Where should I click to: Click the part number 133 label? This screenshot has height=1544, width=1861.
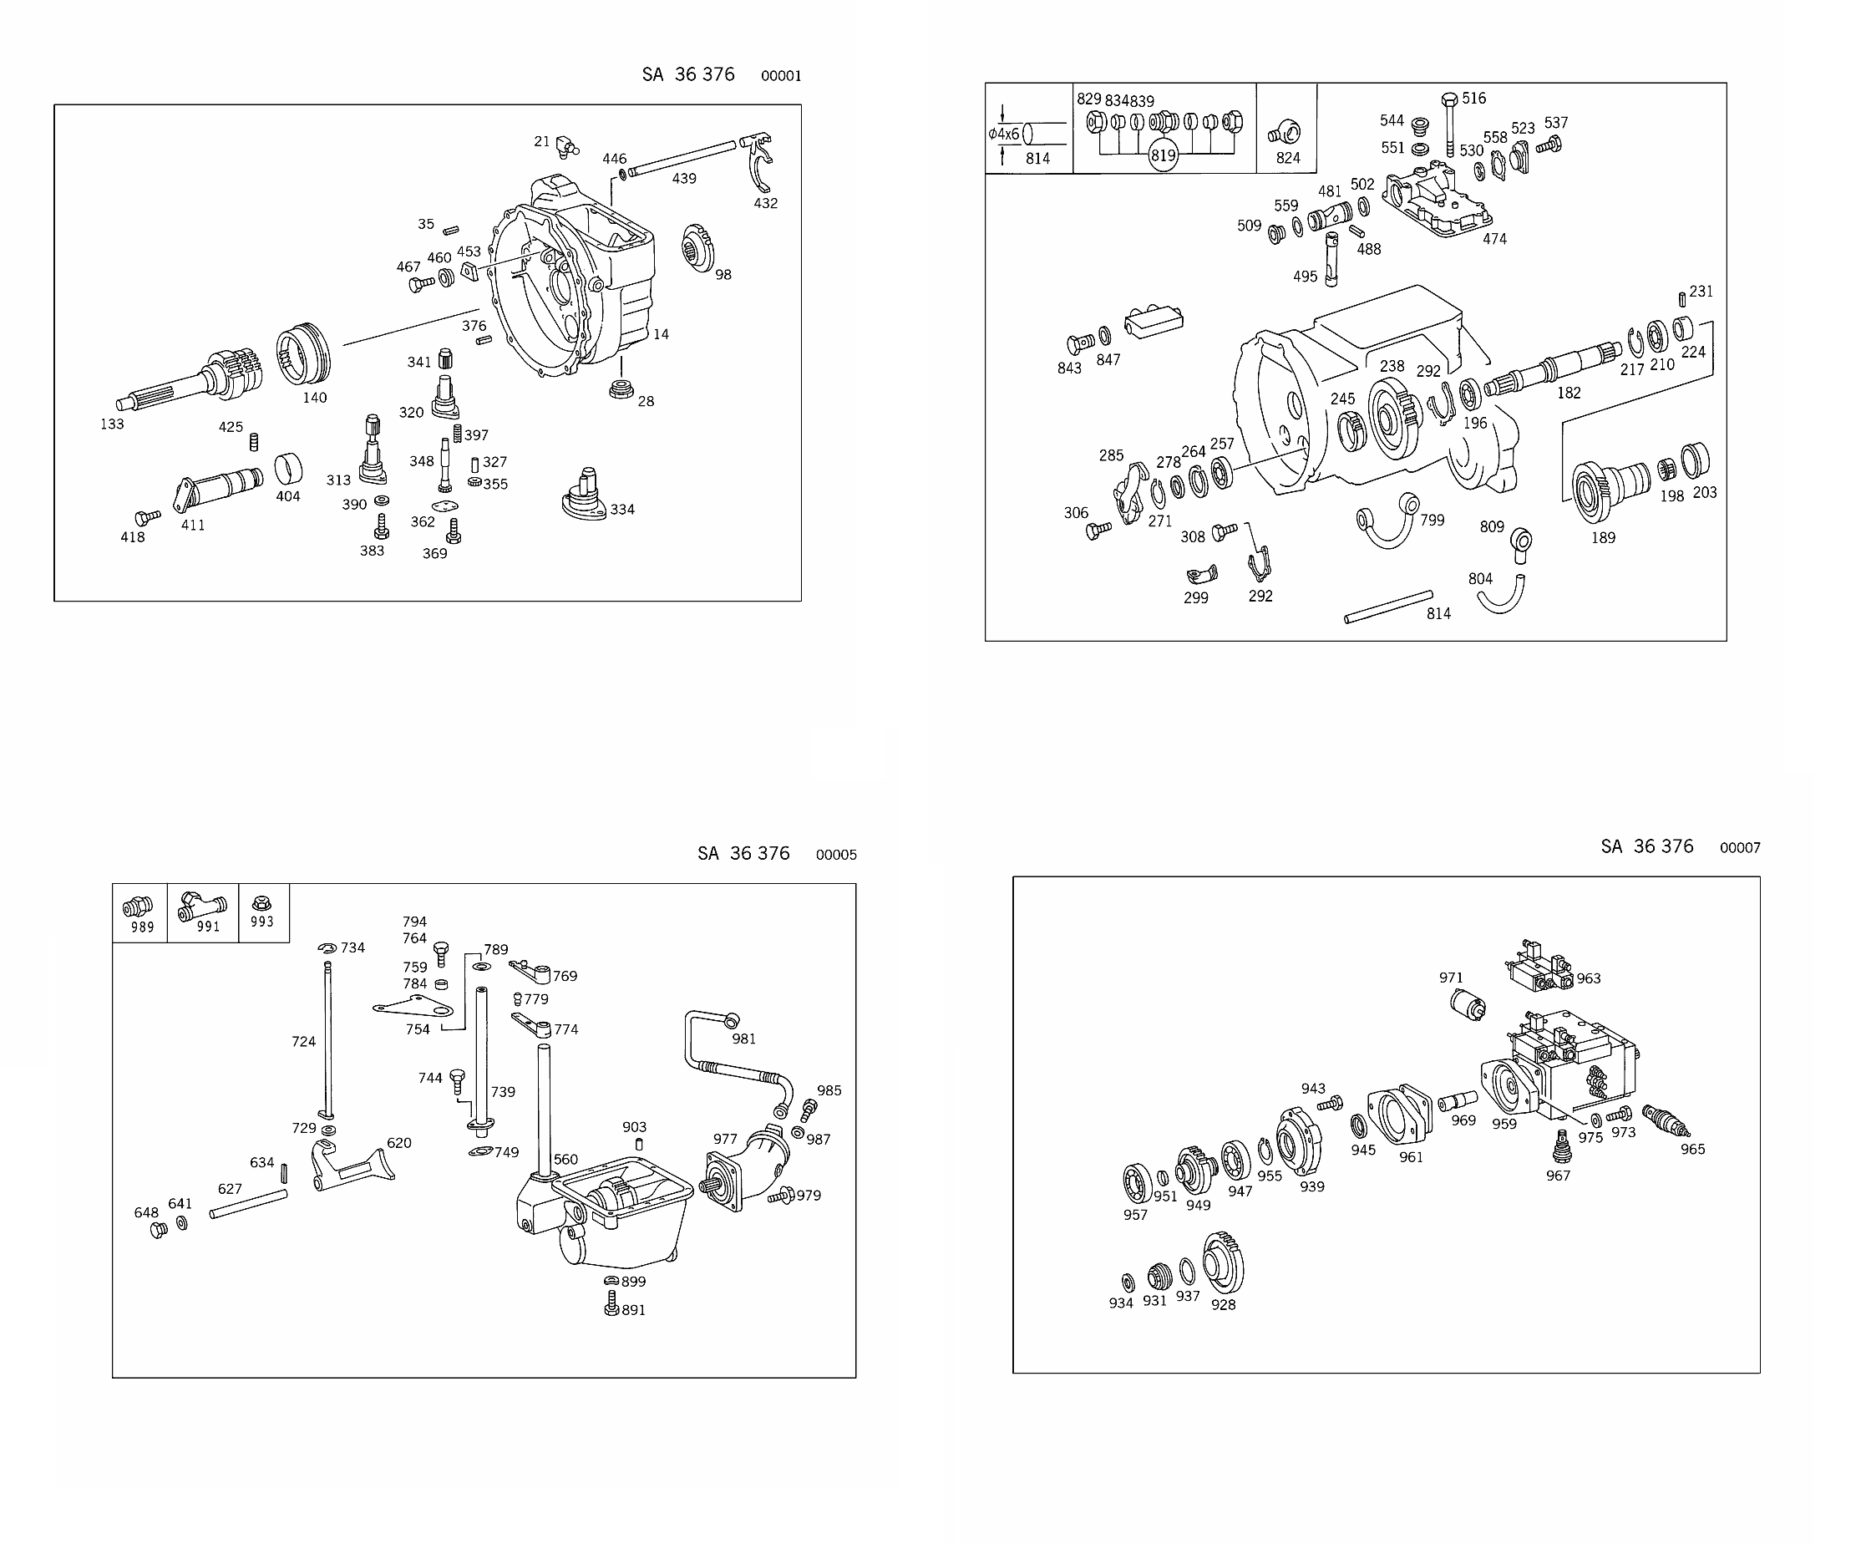112,424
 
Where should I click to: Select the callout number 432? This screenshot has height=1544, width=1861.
766,203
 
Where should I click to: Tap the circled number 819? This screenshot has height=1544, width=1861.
1163,155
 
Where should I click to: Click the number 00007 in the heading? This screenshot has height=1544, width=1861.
1740,848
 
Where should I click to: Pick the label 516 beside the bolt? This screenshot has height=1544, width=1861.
1473,99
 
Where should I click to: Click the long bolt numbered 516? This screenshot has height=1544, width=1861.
1450,124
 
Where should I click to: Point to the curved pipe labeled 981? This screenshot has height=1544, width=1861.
736,1064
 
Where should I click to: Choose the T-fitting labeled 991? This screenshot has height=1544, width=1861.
202,907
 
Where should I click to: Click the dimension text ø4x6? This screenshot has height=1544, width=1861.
1004,134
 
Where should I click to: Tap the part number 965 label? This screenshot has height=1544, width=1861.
1692,1150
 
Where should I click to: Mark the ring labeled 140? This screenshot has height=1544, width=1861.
303,354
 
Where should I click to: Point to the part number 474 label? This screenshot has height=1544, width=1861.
1495,238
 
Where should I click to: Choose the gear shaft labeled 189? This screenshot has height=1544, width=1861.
1610,490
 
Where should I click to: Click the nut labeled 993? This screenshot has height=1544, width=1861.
261,903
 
